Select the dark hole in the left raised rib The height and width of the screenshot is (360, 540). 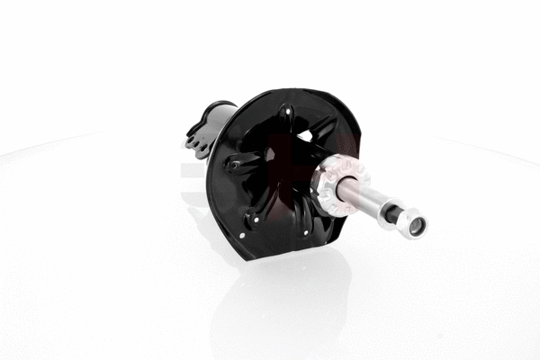[x=233, y=165]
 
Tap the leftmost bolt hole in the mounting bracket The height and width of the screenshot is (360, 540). [x=191, y=141]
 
